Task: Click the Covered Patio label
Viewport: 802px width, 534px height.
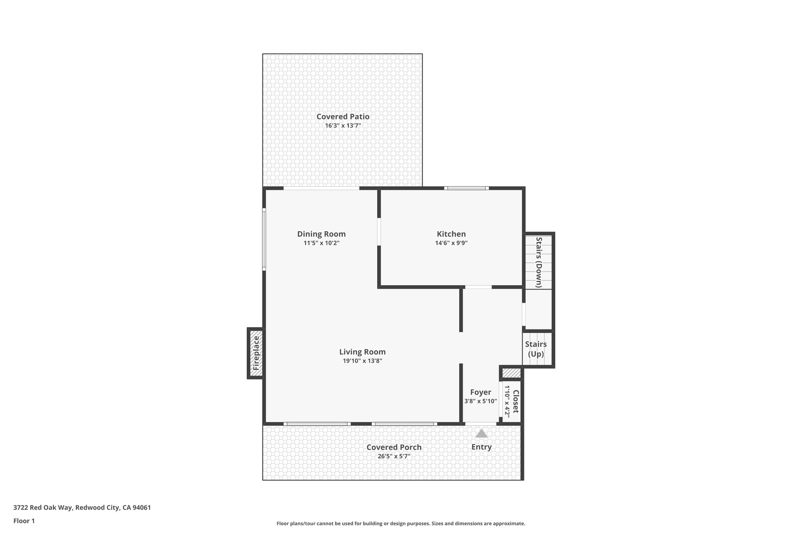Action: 343,117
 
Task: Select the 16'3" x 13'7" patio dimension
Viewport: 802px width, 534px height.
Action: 343,126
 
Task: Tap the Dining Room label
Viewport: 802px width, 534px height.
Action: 321,234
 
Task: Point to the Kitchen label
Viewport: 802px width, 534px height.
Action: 451,234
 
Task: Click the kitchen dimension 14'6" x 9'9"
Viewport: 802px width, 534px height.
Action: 451,243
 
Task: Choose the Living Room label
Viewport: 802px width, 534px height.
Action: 362,352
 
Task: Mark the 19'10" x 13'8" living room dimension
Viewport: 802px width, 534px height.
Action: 362,361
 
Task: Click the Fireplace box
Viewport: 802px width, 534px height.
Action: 256,353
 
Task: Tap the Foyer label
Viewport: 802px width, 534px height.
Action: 480,392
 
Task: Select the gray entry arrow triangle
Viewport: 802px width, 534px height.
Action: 481,433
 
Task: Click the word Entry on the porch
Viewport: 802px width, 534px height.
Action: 481,447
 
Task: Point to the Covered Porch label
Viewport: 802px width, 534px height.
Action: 394,447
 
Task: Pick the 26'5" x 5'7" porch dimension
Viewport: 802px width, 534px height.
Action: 394,456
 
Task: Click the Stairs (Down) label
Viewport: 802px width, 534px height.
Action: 539,262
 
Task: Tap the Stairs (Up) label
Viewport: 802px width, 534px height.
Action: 536,349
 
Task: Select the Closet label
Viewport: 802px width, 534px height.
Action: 516,401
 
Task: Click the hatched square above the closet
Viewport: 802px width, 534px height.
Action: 511,373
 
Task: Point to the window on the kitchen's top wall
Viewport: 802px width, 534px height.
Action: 466,188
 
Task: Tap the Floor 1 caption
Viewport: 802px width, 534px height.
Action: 24,521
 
